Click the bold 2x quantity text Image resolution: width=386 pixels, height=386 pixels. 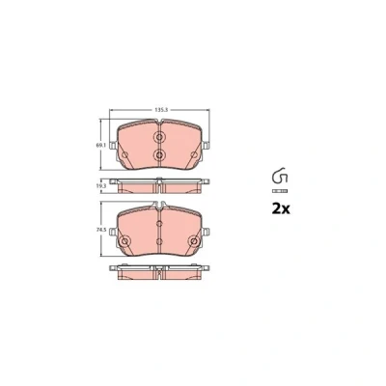[x=281, y=209]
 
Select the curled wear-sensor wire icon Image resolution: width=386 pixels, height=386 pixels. [x=280, y=176]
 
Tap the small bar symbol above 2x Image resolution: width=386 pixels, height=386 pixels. [x=280, y=191]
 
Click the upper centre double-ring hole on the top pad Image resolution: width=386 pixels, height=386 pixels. [x=159, y=137]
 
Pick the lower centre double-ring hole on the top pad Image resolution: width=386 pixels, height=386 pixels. [x=159, y=155]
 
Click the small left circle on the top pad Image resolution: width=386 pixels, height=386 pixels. [x=125, y=155]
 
